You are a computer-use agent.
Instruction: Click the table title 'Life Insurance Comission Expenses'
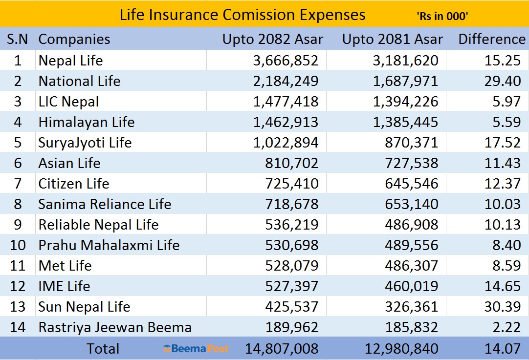tap(242, 15)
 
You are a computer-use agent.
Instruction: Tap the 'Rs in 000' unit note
tap(442, 16)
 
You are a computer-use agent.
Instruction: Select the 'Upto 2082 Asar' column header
tap(272, 39)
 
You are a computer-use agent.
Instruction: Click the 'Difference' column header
tap(491, 39)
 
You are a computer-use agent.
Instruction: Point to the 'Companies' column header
tap(74, 39)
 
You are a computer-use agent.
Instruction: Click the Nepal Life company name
tap(70, 61)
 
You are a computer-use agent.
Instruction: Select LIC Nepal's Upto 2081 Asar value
tap(405, 102)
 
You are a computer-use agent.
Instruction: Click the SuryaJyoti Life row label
tap(85, 143)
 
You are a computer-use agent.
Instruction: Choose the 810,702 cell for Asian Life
tap(293, 163)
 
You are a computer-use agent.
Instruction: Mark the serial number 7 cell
tap(18, 184)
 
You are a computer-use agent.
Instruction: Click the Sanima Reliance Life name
tap(105, 204)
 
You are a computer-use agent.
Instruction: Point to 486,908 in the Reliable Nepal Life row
tap(412, 225)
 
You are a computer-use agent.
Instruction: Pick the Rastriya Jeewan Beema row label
tap(115, 327)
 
